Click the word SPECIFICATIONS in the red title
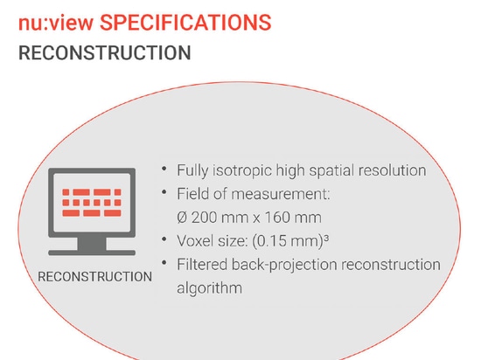point(185,23)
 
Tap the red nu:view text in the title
point(56,23)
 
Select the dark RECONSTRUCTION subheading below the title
point(105,52)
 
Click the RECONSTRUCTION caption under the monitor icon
point(94,277)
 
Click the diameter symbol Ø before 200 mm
point(182,218)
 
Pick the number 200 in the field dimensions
point(205,218)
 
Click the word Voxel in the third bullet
point(195,241)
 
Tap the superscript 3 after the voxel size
point(326,238)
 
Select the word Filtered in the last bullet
point(202,265)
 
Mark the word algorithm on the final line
point(210,288)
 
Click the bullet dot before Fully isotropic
point(164,169)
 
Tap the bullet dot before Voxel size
point(164,239)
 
